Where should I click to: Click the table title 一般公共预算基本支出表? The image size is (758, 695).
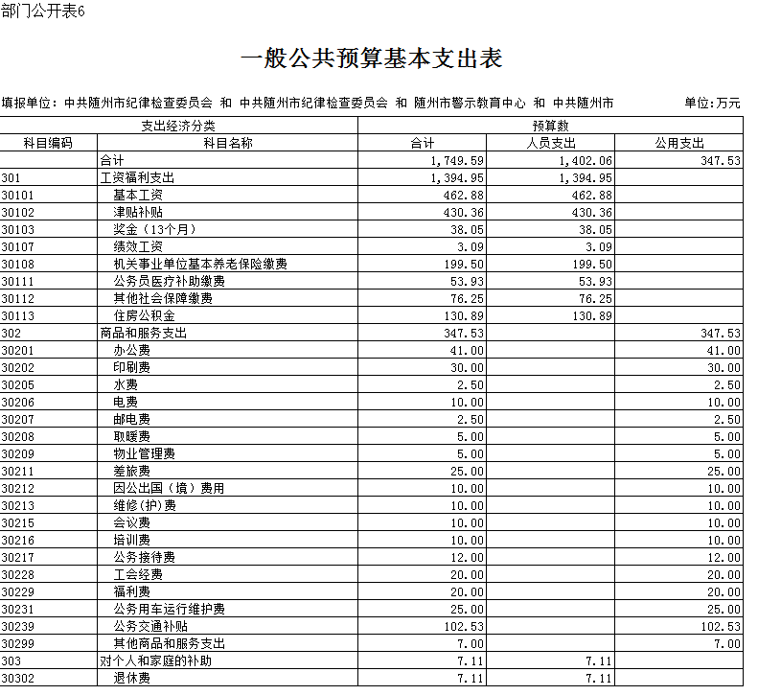[371, 58]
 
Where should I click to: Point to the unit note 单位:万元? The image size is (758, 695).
[712, 103]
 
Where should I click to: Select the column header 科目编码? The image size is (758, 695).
[48, 143]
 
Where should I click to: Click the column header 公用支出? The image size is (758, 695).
[679, 143]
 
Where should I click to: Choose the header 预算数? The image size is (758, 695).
[550, 126]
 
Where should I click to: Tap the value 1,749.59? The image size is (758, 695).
[457, 160]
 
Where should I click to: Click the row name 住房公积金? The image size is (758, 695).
[144, 315]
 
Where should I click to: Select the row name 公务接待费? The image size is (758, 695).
[144, 557]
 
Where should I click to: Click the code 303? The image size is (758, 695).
[11, 660]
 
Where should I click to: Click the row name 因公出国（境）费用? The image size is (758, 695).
[169, 488]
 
